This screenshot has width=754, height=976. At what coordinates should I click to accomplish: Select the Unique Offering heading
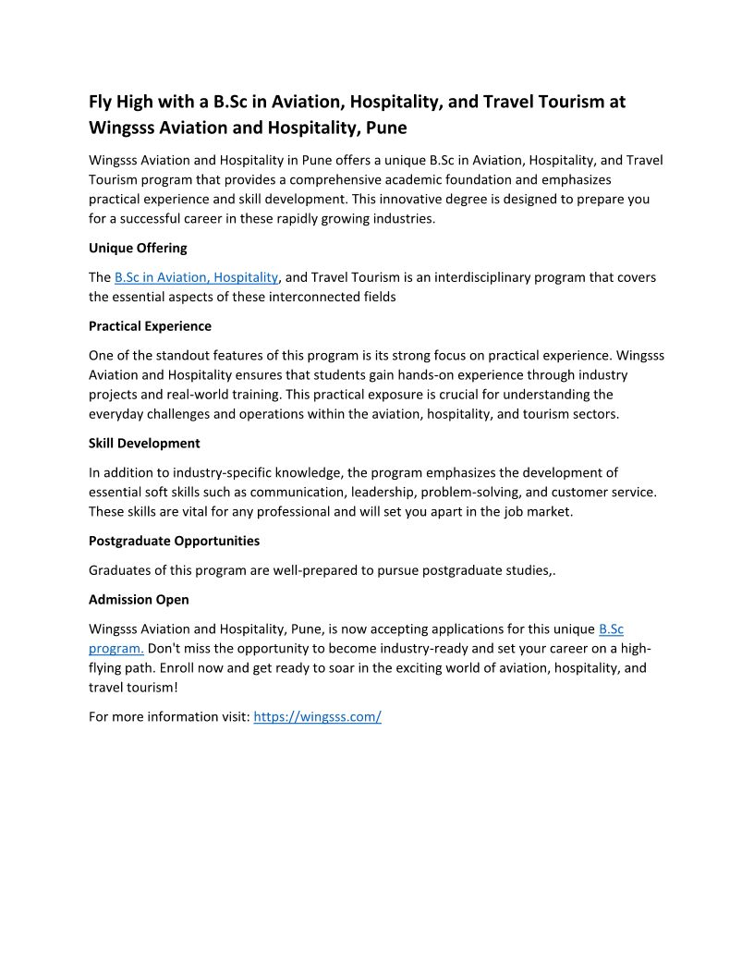(x=138, y=248)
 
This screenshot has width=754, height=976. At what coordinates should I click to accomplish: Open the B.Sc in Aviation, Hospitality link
(x=196, y=277)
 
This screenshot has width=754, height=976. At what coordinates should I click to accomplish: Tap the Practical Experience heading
(x=150, y=326)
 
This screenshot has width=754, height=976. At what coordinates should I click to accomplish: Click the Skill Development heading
(x=144, y=444)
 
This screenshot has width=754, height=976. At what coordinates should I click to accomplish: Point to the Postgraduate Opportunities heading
(x=174, y=541)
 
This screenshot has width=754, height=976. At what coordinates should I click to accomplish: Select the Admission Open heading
(x=139, y=600)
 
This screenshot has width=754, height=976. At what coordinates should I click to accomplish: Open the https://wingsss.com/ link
(x=317, y=716)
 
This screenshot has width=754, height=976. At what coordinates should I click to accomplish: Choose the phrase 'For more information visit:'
(x=169, y=716)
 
